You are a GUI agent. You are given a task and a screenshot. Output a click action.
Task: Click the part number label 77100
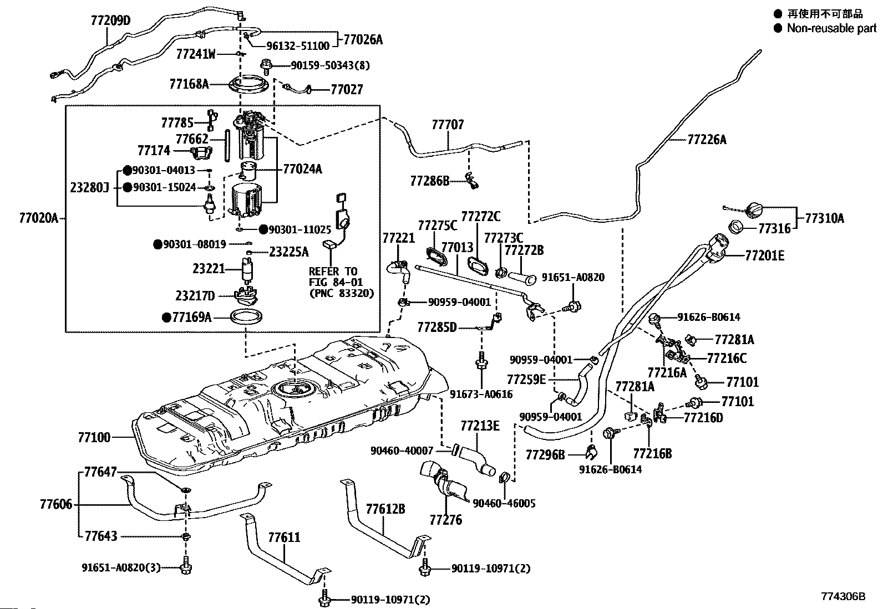94,437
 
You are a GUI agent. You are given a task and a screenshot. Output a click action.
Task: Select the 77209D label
110,21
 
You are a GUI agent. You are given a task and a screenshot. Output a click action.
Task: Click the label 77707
448,125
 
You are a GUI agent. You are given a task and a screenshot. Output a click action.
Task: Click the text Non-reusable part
831,28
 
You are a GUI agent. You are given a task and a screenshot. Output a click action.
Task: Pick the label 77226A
706,140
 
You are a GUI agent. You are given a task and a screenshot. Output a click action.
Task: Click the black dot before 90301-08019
158,243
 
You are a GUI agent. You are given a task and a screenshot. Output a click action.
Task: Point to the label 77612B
385,509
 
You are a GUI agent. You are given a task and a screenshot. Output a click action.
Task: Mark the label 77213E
480,426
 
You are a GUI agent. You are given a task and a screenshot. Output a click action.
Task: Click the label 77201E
765,255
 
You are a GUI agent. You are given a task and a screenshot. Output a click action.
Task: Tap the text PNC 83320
342,293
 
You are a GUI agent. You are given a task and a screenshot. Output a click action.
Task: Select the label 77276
445,520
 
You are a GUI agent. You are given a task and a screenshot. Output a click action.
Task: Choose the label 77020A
38,218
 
